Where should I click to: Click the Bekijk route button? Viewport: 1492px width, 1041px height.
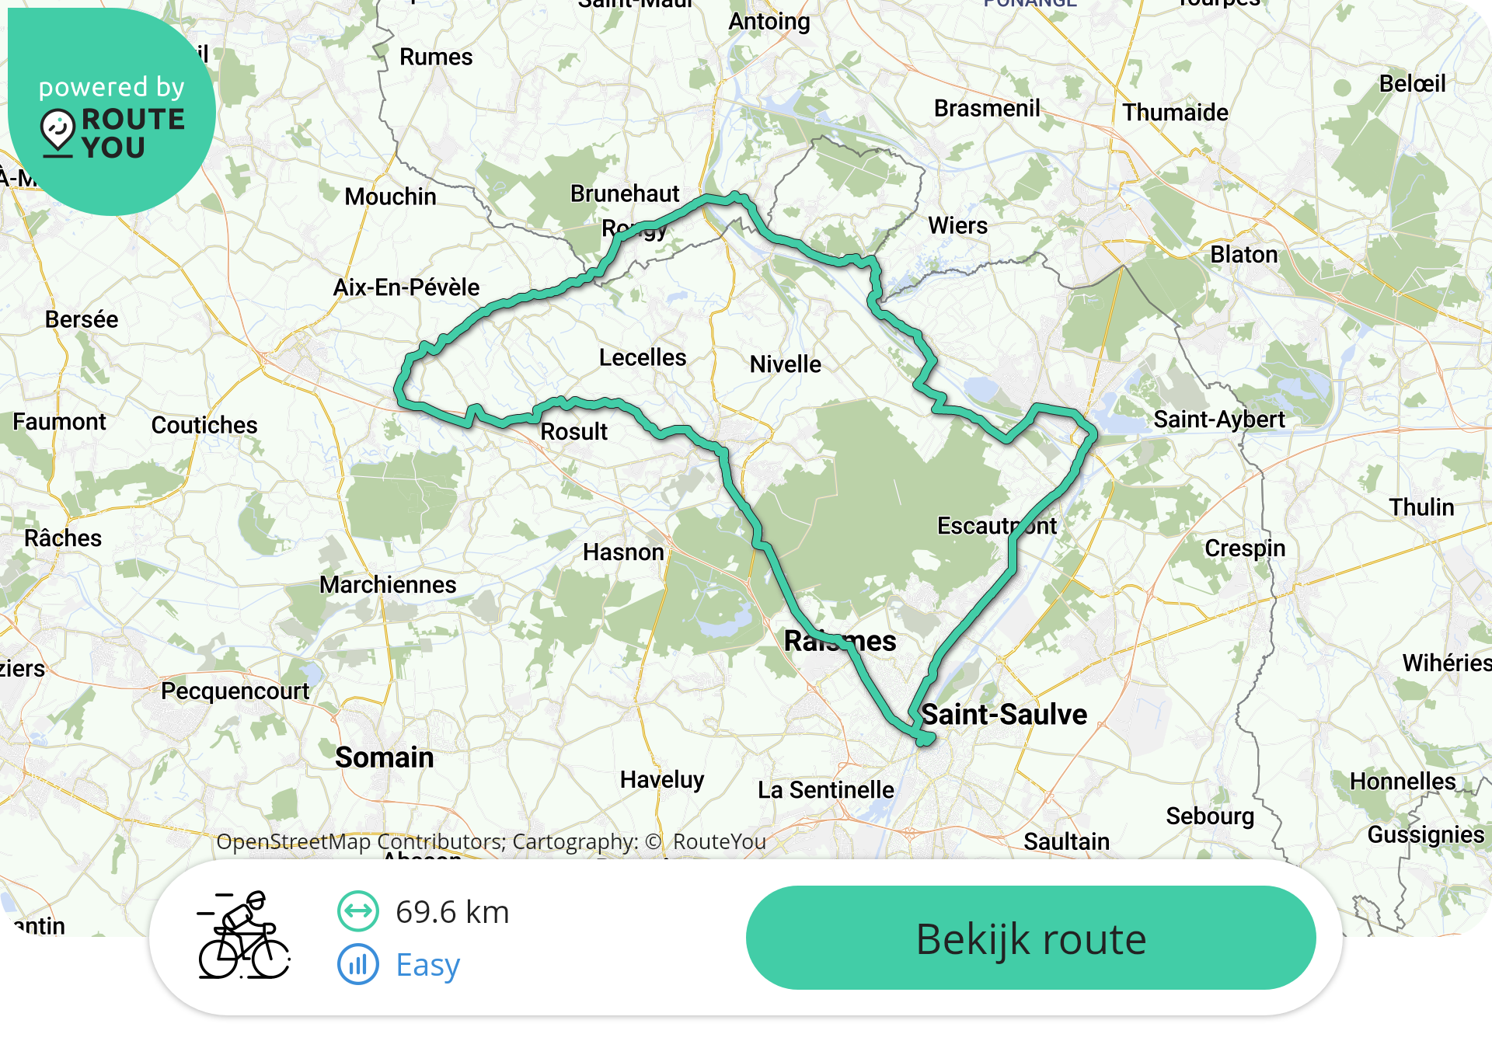1030,938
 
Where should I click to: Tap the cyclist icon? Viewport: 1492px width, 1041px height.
243,935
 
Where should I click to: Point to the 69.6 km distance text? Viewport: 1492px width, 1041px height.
452,912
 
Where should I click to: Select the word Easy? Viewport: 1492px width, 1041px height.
428,965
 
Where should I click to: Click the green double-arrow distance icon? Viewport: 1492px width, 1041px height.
358,911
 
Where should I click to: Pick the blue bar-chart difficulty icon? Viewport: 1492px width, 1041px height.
358,965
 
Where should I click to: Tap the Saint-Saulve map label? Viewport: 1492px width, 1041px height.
1004,715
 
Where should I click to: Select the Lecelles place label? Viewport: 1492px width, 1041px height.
643,357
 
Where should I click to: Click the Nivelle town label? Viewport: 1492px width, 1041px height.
785,364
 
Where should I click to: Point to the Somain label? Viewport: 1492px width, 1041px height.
385,757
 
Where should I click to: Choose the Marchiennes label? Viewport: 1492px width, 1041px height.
388,585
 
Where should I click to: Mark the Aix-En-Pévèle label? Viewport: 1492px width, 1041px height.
406,287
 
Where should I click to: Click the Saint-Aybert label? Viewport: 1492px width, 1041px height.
1218,420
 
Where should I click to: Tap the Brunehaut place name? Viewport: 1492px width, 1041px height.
625,193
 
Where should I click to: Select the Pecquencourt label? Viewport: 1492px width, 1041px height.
235,691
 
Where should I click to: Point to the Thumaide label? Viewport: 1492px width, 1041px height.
1175,113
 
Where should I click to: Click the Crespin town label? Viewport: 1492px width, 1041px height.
1245,548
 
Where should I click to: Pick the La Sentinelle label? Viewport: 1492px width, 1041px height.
826,790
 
